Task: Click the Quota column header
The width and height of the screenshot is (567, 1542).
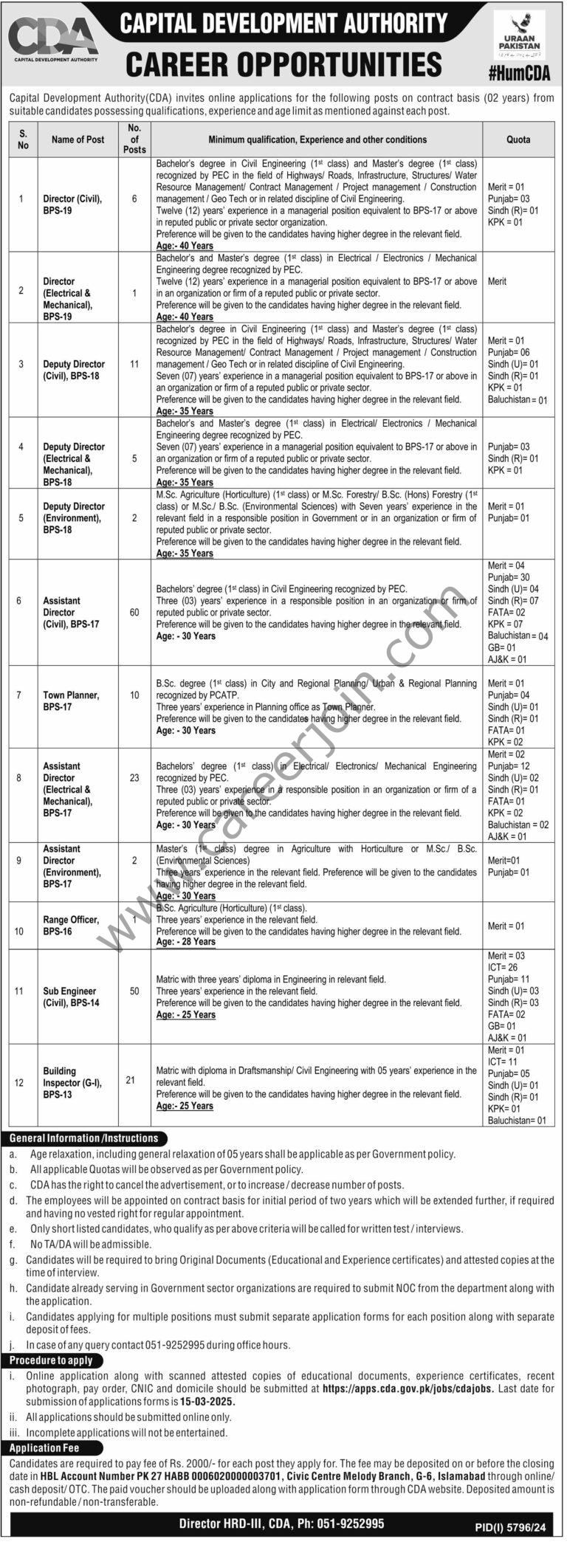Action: coord(518,140)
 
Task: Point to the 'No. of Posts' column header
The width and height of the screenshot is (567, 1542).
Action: coord(134,139)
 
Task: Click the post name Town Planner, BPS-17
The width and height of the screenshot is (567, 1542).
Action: coord(71,701)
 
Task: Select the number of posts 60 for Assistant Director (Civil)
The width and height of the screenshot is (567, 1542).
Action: coord(134,613)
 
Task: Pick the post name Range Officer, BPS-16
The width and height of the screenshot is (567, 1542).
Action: coord(71,926)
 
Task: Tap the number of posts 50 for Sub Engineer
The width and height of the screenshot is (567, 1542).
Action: coord(134,991)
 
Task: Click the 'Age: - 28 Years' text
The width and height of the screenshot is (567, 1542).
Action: coord(186,943)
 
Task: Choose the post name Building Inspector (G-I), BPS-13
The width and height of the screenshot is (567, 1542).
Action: coord(72,1083)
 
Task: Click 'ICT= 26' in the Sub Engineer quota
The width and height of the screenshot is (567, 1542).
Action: coord(503,968)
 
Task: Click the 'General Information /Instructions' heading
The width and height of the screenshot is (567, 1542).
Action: coord(84,1139)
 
